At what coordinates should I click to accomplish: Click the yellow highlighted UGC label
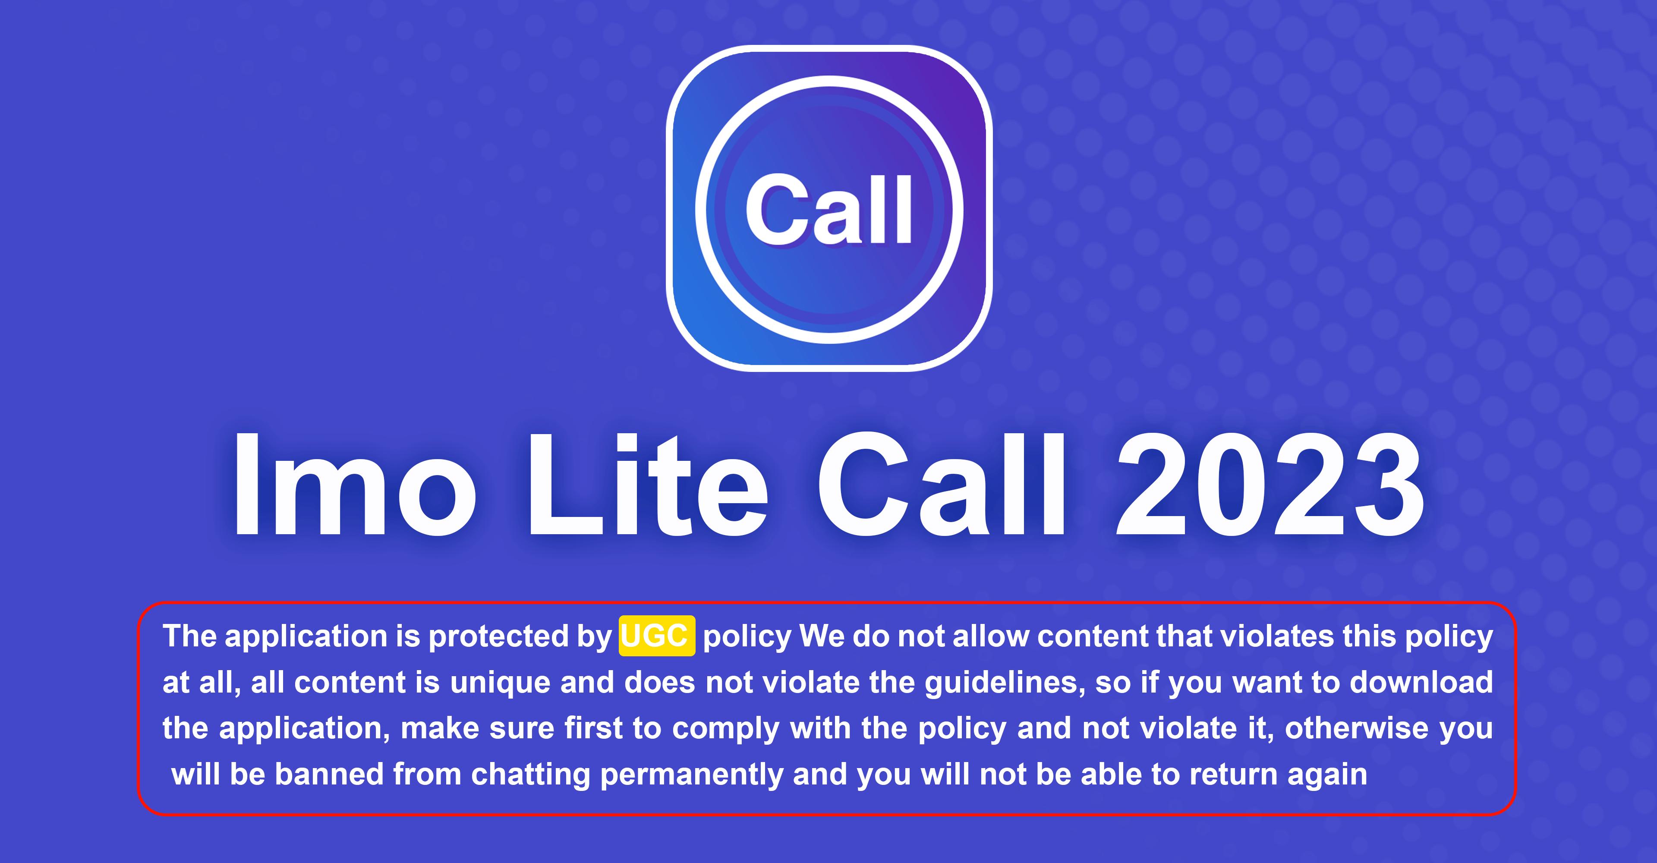[x=657, y=636]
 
